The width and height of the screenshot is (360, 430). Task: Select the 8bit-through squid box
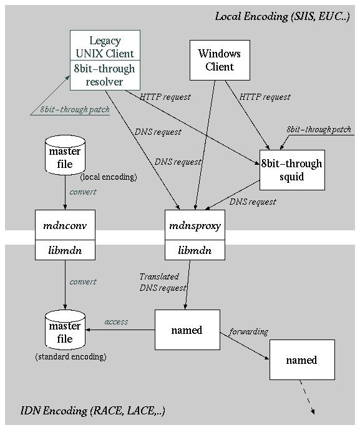292,170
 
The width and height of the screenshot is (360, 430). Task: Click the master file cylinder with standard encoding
65,332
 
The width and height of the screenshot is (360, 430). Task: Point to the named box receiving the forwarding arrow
302,360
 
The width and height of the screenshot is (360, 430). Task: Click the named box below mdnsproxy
187,330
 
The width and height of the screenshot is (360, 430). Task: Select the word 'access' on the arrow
116,322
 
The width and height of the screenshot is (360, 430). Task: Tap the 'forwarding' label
248,331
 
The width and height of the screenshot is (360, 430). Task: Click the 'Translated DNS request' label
162,282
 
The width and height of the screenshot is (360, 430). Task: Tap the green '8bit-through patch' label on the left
75,109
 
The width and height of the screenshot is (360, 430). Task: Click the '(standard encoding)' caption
70,357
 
